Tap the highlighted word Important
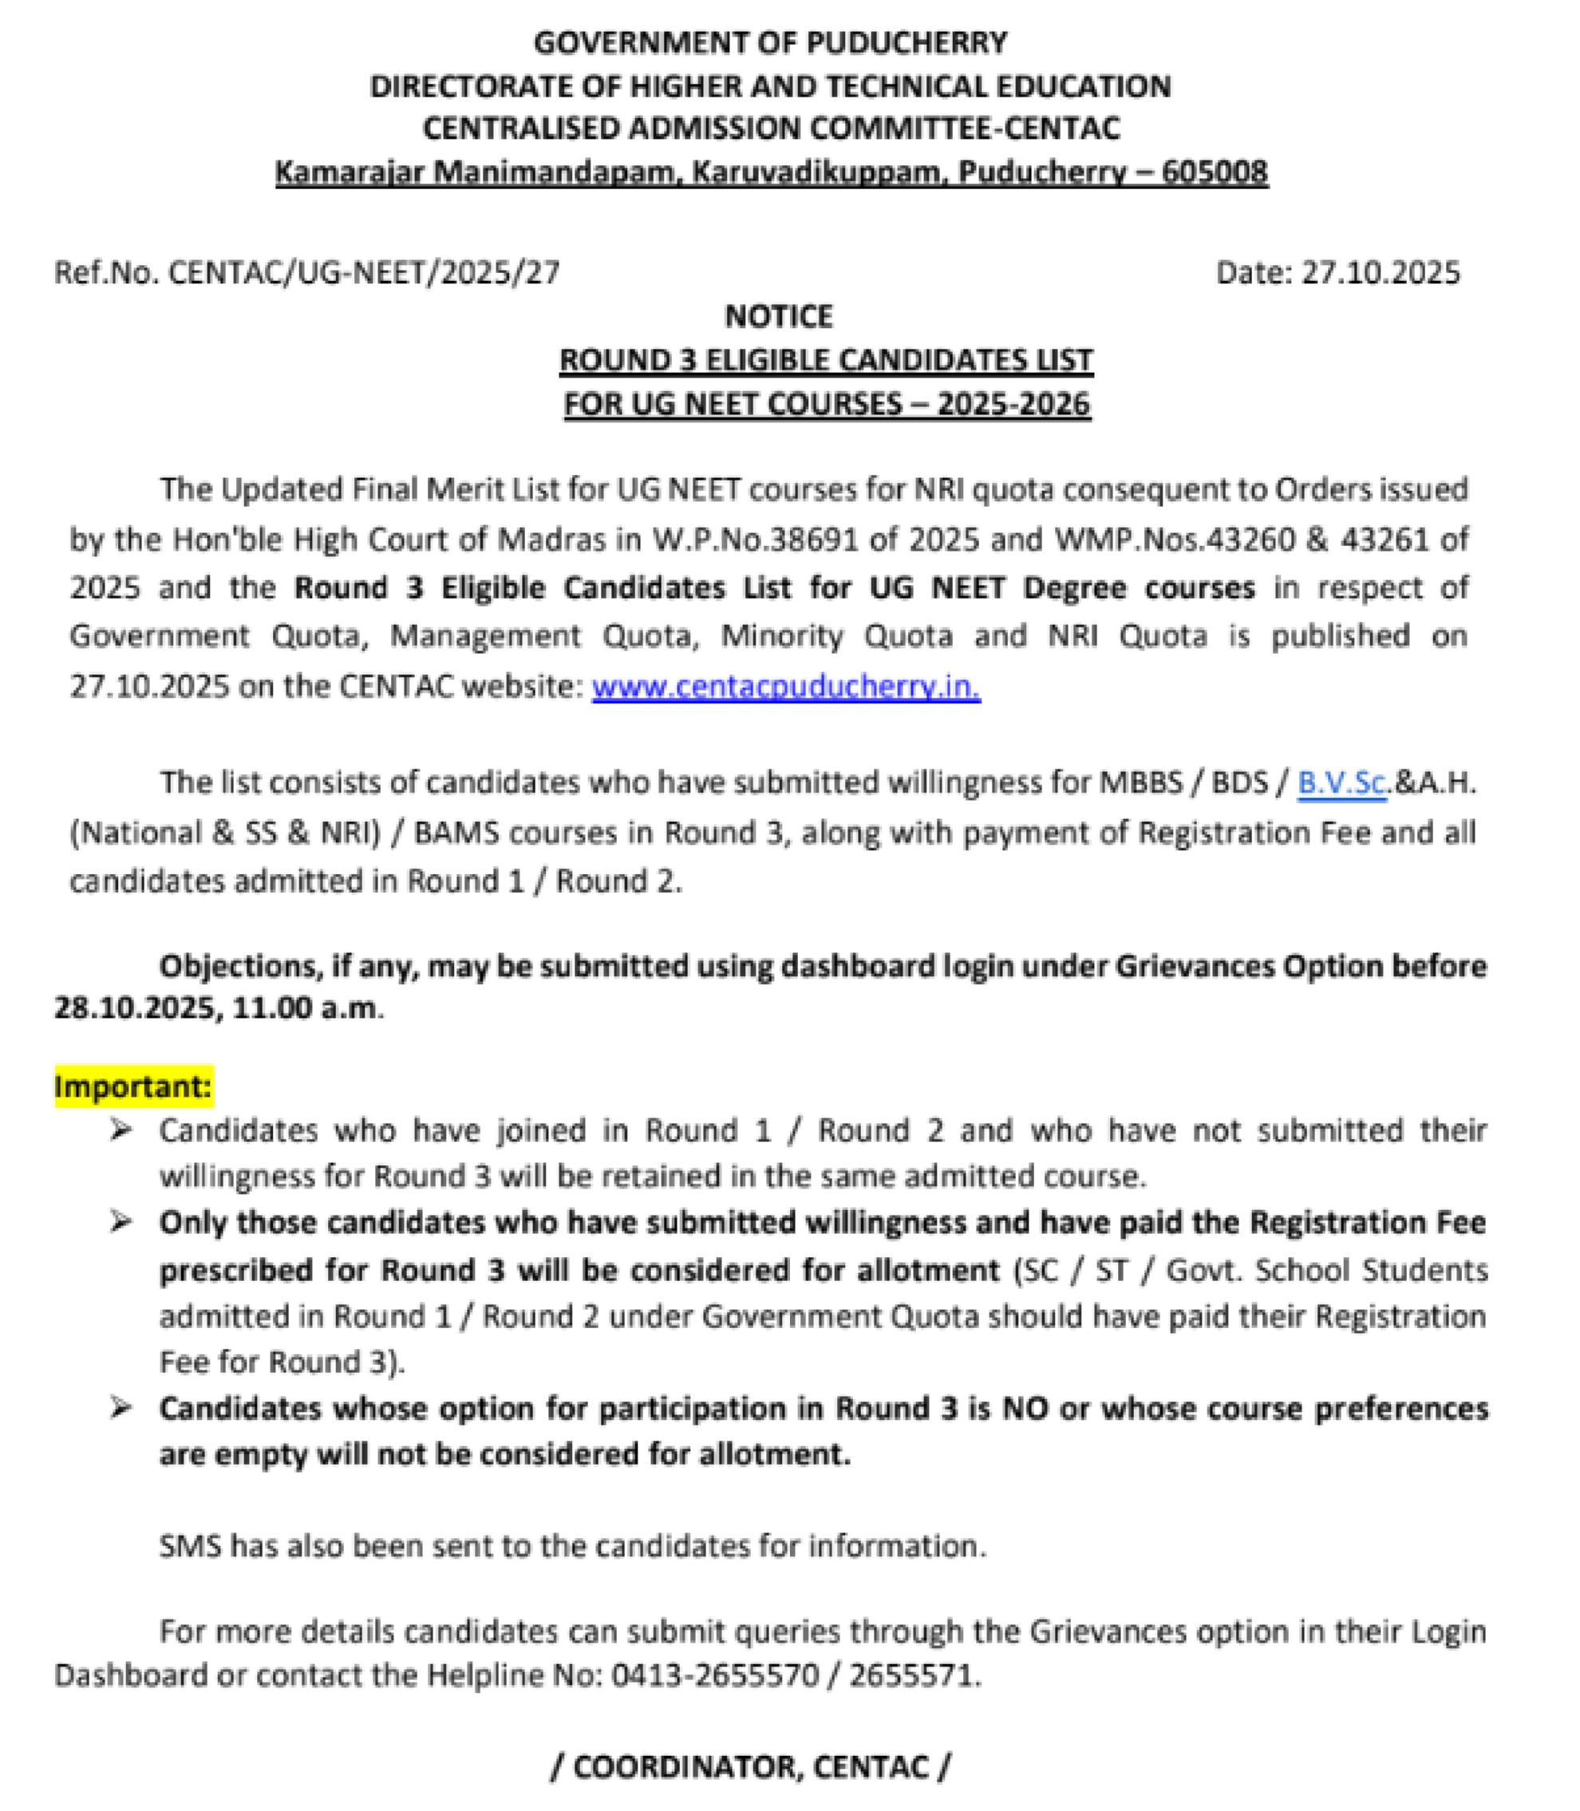pos(132,1086)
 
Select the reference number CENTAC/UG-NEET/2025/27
pos(363,272)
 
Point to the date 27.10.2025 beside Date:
pos(1381,272)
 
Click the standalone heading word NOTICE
pos(779,315)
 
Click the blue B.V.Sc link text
pos(1342,782)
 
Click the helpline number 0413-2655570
pos(715,1675)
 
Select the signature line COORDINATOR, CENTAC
pos(750,1766)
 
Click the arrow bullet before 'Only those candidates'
pos(120,1222)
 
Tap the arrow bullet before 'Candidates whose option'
pos(120,1408)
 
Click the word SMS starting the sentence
pos(190,1545)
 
